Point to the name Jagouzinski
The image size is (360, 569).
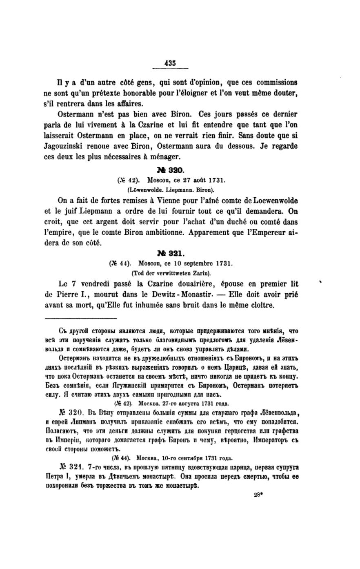(x=64, y=146)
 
